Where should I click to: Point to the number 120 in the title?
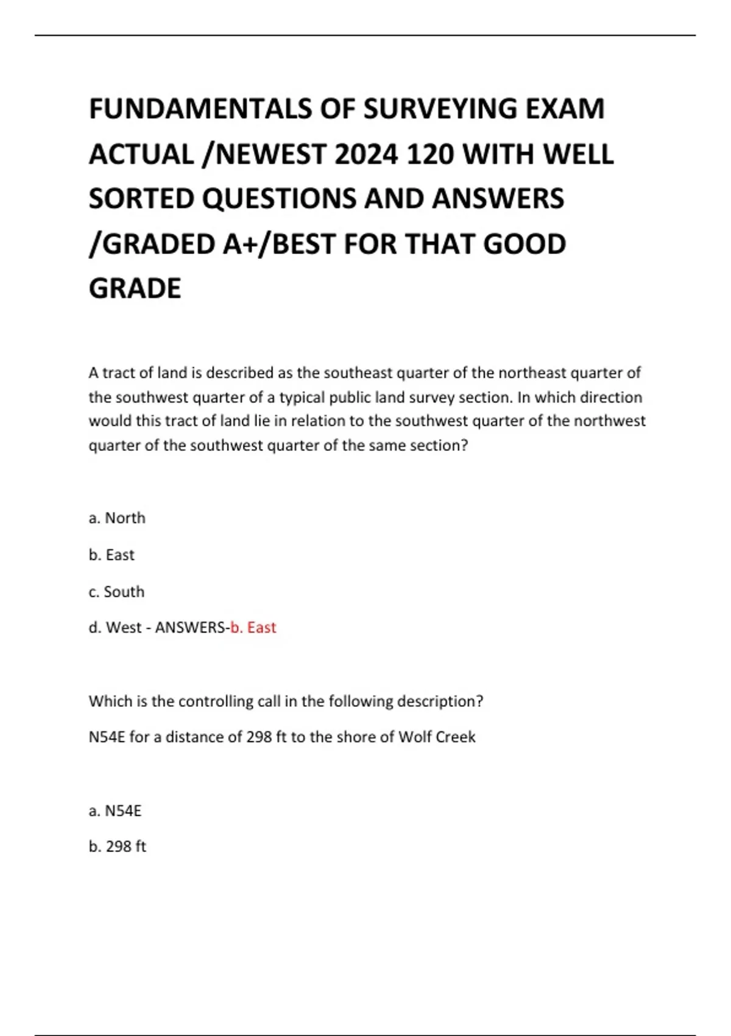[x=429, y=154]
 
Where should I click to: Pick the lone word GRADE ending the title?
[x=135, y=288]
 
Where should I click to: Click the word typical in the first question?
[x=302, y=397]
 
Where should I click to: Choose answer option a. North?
[x=117, y=518]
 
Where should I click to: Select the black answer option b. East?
[x=111, y=555]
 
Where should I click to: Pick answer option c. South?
[x=116, y=591]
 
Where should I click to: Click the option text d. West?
[x=115, y=627]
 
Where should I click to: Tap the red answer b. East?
[x=253, y=627]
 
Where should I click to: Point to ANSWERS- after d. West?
[x=192, y=627]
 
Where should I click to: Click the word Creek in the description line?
[x=455, y=737]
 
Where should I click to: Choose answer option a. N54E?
[x=115, y=811]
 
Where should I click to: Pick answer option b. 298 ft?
[x=118, y=846]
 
